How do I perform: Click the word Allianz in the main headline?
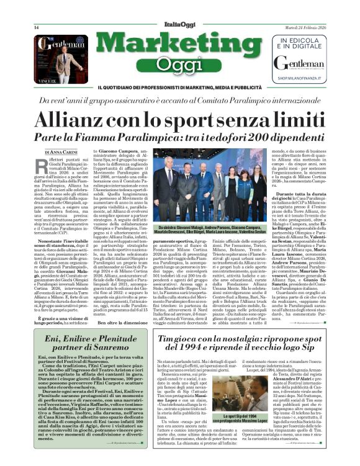(91, 119)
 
